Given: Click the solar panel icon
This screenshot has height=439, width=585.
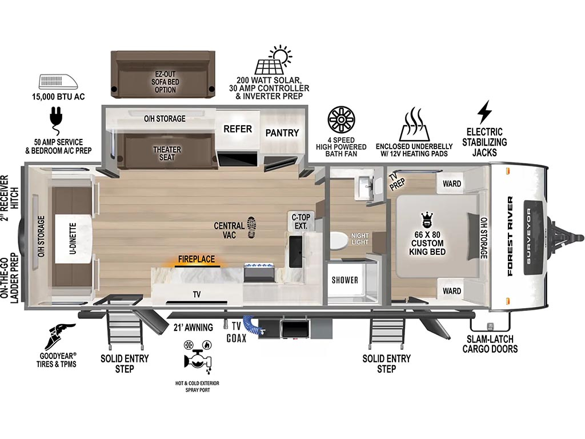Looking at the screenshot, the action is pyautogui.click(x=273, y=60).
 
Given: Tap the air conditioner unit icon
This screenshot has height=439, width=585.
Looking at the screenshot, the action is pyautogui.click(x=58, y=82).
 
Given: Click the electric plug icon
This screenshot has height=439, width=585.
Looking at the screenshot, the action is pyautogui.click(x=57, y=120).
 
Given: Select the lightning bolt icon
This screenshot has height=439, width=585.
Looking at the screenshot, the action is pyautogui.click(x=484, y=111).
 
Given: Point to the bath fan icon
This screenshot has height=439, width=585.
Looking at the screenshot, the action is pyautogui.click(x=341, y=119).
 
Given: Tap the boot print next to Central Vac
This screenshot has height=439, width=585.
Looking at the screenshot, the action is pyautogui.click(x=252, y=227).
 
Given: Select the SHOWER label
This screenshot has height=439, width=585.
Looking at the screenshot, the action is pyautogui.click(x=344, y=280).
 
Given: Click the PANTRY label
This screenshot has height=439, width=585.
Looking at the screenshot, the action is pyautogui.click(x=282, y=133).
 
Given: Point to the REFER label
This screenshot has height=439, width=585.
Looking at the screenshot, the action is pyautogui.click(x=238, y=129).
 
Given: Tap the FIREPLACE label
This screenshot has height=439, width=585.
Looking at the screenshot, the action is pyautogui.click(x=197, y=259).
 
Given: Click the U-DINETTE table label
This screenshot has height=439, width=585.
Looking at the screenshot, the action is pyautogui.click(x=73, y=239).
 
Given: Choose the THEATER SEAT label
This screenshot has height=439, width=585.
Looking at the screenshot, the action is pyautogui.click(x=167, y=153).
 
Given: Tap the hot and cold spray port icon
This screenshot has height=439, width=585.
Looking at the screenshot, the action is pyautogui.click(x=197, y=357).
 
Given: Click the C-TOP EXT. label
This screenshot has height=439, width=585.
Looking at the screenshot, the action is pyautogui.click(x=300, y=221).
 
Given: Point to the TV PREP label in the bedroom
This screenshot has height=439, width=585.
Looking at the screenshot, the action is pyautogui.click(x=396, y=181).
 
